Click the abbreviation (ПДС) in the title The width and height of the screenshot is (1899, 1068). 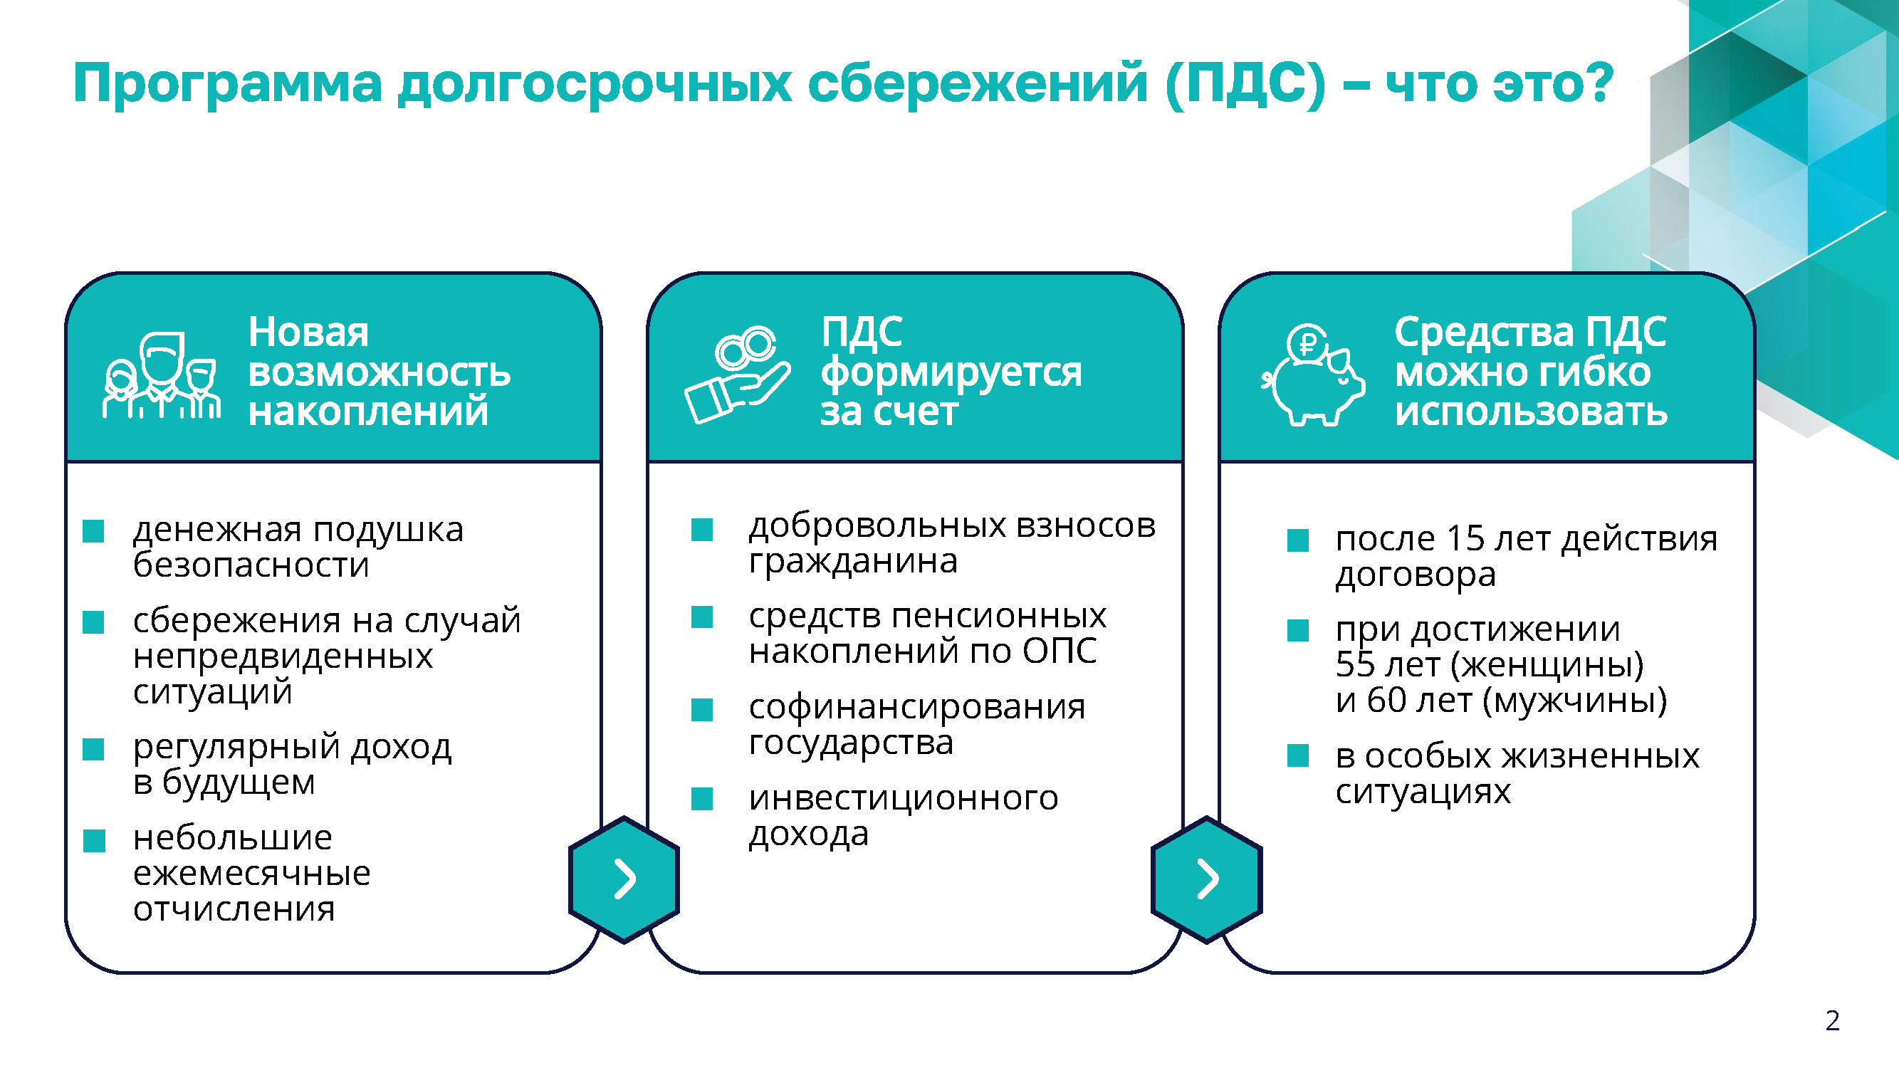[1246, 84]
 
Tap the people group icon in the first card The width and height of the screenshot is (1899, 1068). [162, 376]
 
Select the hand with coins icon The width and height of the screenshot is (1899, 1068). [737, 375]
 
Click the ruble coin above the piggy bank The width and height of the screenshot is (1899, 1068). [1308, 342]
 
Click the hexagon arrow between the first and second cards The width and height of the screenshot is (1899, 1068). [624, 879]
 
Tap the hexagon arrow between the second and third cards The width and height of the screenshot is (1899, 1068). [1207, 879]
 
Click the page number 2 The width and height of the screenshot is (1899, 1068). [1833, 1021]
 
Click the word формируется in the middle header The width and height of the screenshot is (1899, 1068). [952, 373]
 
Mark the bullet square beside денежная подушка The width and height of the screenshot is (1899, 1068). [93, 530]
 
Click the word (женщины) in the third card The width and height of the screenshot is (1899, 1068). [1547, 666]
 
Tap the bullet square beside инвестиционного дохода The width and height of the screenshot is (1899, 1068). [702, 799]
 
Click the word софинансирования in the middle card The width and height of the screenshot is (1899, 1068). [917, 708]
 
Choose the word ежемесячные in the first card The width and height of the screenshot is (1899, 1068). [252, 874]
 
